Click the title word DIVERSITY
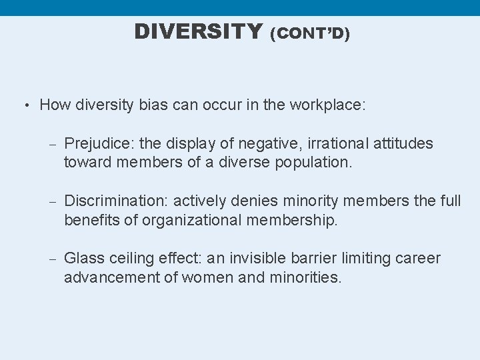[198, 31]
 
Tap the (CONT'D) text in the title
[309, 33]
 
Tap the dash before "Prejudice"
[53, 144]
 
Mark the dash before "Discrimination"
[53, 201]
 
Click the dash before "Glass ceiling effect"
[53, 259]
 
